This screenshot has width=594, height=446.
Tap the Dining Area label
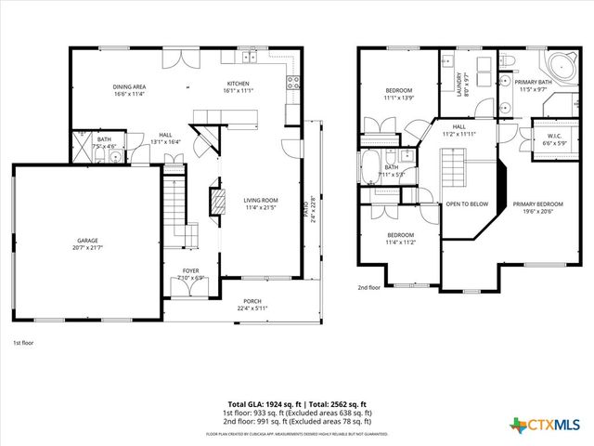coord(130,86)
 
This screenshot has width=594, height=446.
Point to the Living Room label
coord(262,200)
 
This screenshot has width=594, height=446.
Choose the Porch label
coord(252,302)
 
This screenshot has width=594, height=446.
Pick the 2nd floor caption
coord(369,287)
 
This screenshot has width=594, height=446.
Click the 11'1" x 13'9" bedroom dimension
coord(398,97)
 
